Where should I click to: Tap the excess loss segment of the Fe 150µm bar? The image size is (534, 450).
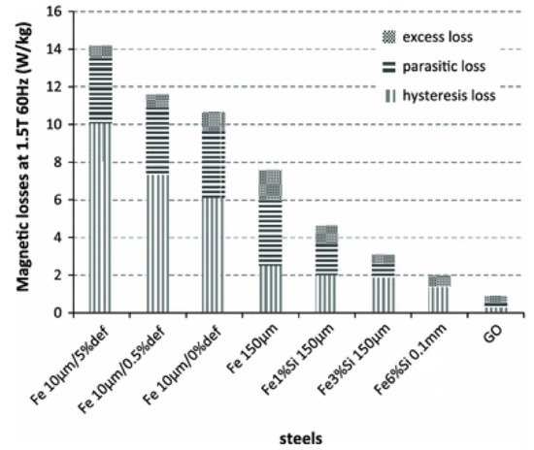click(x=270, y=185)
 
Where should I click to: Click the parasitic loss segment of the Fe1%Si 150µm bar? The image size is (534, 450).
click(x=326, y=258)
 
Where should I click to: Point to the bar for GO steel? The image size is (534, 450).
click(x=495, y=305)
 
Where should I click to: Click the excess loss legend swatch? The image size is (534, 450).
click(x=389, y=38)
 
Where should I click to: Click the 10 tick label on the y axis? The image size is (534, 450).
click(x=61, y=124)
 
